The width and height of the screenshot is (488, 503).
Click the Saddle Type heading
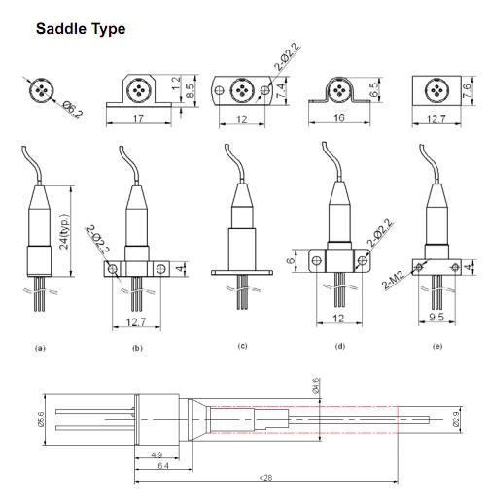tap(81, 29)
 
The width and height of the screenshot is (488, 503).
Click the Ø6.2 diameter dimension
tap(73, 110)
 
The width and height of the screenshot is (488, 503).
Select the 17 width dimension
tap(138, 118)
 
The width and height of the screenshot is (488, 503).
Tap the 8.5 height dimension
tap(191, 90)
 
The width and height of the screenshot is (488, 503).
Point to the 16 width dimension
tap(339, 117)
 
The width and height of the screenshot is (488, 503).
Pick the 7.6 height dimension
tap(467, 90)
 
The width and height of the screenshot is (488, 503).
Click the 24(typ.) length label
tap(65, 231)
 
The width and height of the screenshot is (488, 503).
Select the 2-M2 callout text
tap(393, 281)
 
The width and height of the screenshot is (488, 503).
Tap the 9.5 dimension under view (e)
tap(436, 317)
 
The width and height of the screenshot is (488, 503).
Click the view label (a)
tap(40, 349)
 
